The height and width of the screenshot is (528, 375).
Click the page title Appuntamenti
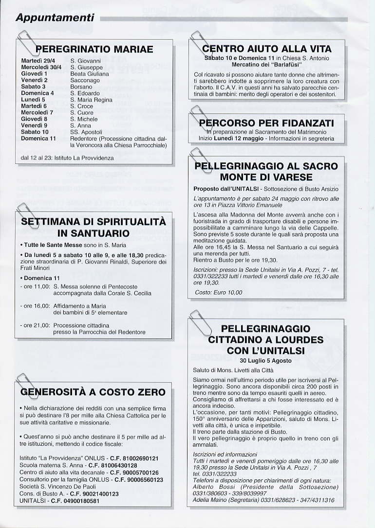55,18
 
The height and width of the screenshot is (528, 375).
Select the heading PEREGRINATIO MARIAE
95,49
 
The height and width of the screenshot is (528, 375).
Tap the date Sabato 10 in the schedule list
35,132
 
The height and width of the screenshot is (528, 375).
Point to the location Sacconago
85,80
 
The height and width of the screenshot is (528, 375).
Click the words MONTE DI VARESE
266,176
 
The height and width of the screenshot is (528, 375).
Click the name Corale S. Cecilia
129,293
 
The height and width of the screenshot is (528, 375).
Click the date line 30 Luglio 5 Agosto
265,361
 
